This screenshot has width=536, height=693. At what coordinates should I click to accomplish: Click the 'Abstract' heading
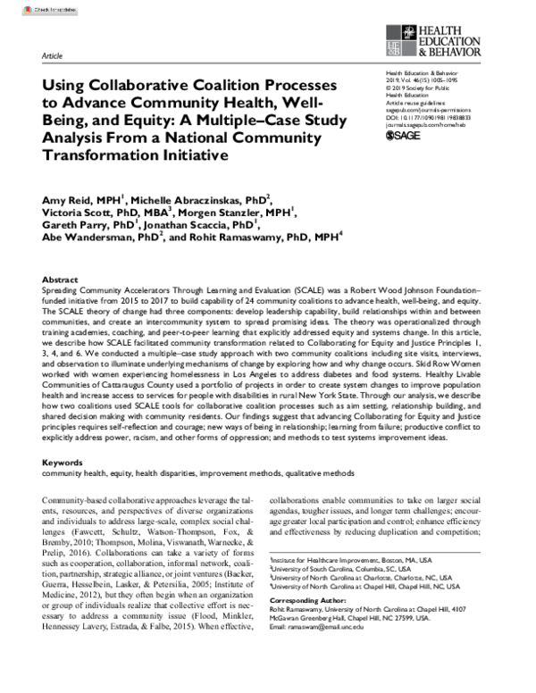pos(60,279)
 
